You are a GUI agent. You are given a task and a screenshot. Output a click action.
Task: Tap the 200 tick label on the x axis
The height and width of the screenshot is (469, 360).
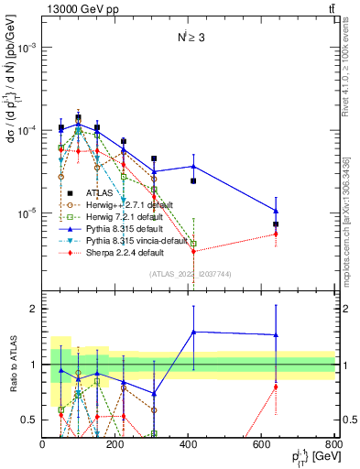115,444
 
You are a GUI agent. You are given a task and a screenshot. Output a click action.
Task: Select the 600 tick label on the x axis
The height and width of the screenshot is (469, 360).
261,444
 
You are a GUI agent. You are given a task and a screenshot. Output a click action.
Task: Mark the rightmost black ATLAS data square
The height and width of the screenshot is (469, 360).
276,224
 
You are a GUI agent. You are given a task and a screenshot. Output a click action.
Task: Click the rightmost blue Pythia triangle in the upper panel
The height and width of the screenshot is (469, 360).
276,211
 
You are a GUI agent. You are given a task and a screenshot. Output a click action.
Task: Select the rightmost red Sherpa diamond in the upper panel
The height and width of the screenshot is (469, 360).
276,234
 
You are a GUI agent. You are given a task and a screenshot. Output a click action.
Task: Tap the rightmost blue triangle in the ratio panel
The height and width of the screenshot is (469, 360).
276,334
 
